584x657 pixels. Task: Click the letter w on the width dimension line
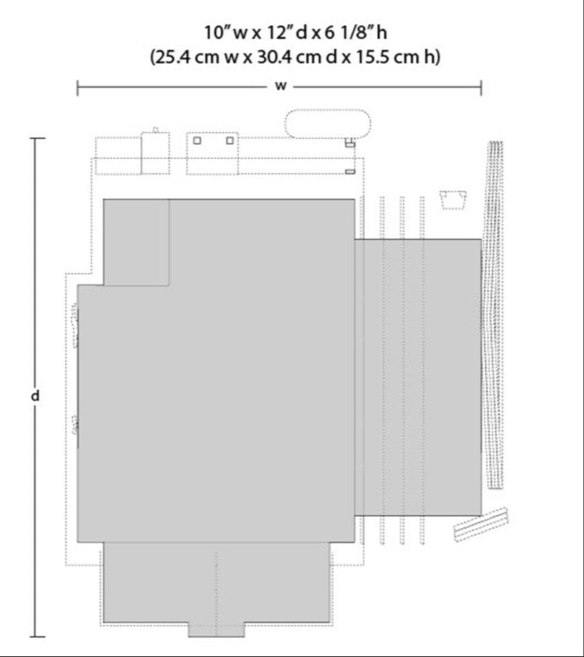tap(280, 86)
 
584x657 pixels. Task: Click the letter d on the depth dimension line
tap(35, 396)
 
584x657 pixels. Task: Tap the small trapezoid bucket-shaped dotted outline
tap(453, 200)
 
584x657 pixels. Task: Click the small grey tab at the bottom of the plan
tap(216, 630)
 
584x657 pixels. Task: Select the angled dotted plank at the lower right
tap(481, 524)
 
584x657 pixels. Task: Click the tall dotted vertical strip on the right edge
tap(494, 315)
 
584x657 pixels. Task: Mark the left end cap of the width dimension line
tap(77, 88)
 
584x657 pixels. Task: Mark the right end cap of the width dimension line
tap(481, 88)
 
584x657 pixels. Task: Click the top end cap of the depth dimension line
tap(38, 138)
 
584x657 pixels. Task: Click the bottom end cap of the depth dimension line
tap(38, 637)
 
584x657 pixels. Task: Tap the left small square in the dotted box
tap(197, 141)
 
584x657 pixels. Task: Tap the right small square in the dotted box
tap(229, 141)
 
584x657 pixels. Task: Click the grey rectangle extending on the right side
tap(418, 377)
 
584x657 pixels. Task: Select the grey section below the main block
tap(216, 582)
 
